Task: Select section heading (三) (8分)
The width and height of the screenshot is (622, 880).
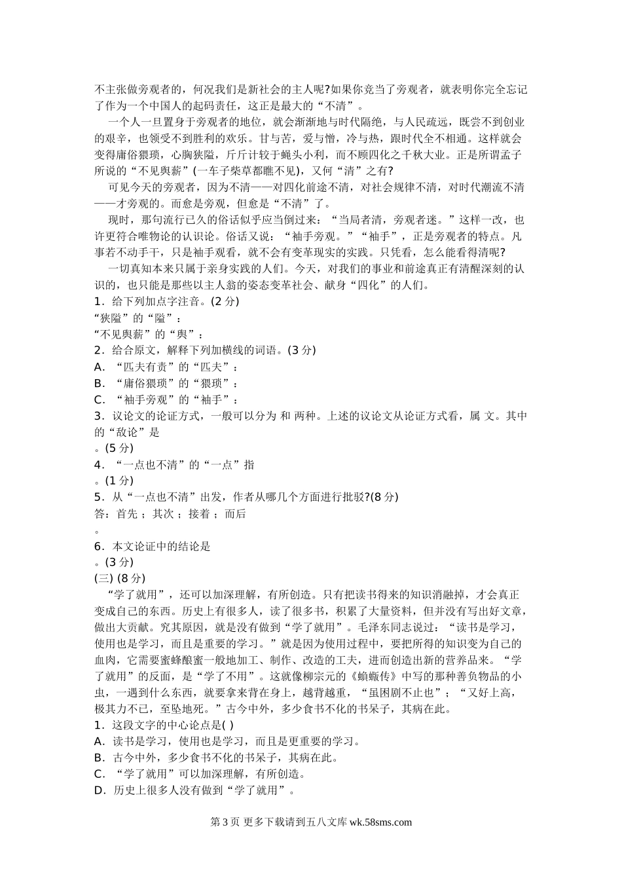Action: [120, 578]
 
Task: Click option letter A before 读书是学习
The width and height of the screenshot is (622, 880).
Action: [100, 741]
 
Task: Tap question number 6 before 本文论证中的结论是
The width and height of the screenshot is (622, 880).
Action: [98, 546]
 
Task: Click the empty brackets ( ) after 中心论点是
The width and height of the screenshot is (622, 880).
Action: [228, 725]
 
